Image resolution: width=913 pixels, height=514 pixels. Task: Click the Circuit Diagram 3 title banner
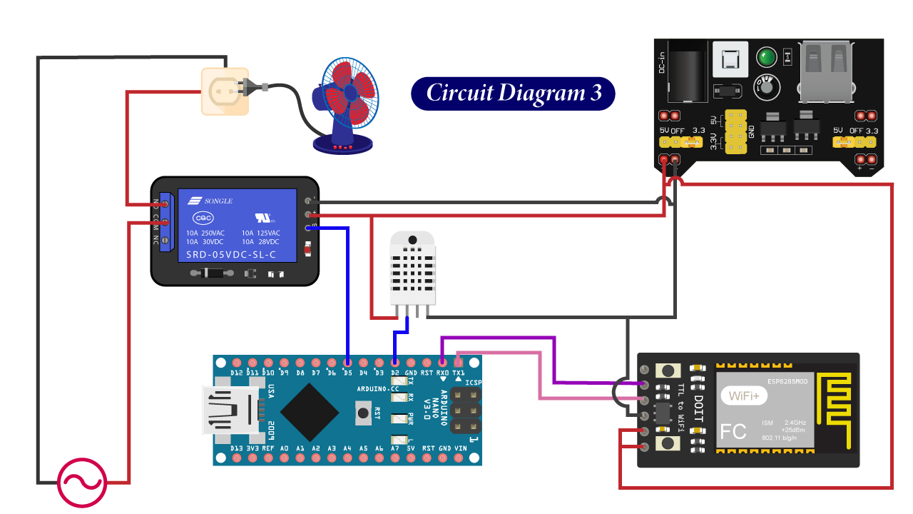[513, 94]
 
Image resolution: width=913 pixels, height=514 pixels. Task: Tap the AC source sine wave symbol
[82, 483]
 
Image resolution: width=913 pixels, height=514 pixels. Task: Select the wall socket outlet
[225, 91]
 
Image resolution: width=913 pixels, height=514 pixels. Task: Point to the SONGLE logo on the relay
[210, 201]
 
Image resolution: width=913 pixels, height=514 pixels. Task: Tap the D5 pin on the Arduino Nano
[347, 363]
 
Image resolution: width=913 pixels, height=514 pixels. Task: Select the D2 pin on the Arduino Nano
[394, 363]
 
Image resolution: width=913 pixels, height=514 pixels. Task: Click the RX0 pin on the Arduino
[442, 363]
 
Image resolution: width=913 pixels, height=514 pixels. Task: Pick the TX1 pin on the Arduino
[458, 363]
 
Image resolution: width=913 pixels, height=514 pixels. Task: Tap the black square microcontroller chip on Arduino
[310, 411]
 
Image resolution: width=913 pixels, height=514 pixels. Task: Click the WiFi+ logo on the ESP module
[744, 394]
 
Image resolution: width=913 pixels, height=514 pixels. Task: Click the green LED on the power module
[766, 57]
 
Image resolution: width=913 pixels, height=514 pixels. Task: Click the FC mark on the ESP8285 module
[734, 432]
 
